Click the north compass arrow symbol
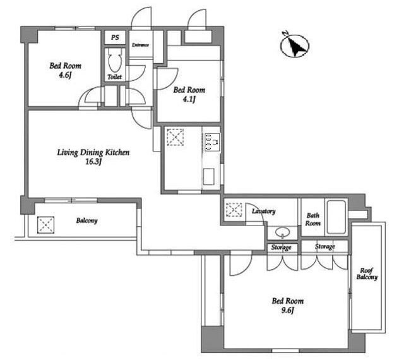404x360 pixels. pos(295,45)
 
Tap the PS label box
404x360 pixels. pos(115,37)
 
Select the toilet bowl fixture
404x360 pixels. pos(115,61)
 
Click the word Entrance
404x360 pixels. pos(140,45)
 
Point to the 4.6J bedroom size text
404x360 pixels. pos(65,75)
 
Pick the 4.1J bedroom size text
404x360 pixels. pos(189,99)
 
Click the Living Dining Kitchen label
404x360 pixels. pos(93,152)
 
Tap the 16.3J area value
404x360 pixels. pos(93,162)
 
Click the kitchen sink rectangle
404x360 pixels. pos(209,176)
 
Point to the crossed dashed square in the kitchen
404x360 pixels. pos(175,137)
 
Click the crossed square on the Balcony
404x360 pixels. pos(45,225)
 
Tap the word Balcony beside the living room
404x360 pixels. pos(87,221)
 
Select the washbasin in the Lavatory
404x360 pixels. pos(283,232)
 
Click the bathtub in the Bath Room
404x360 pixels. pos(336,217)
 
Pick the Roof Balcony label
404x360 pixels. pos(367,274)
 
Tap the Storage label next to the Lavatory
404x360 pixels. pos(281,248)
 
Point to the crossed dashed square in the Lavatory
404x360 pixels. pos(234,210)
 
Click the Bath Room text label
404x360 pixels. pos(313,219)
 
